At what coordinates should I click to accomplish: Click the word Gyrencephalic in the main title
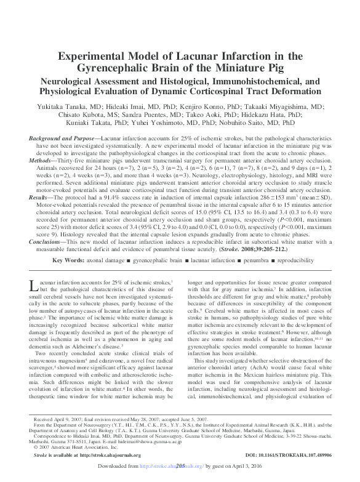tap(129, 67)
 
